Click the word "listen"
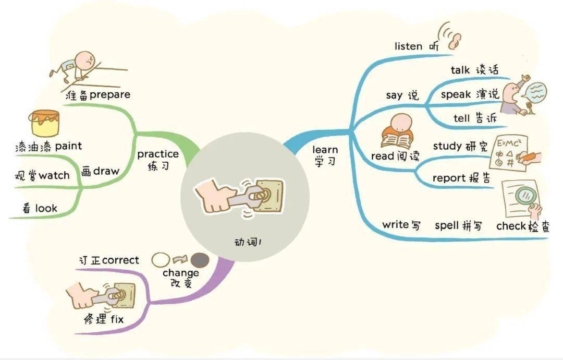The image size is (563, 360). (x=408, y=46)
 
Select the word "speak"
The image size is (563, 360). (x=456, y=94)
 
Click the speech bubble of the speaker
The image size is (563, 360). (x=534, y=92)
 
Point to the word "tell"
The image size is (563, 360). (x=461, y=118)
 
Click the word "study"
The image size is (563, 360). (x=447, y=146)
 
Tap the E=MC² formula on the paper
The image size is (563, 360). (x=509, y=143)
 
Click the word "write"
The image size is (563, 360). (x=395, y=224)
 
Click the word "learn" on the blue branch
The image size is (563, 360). (x=325, y=149)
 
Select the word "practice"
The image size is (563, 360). (x=158, y=154)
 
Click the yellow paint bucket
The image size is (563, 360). (x=44, y=123)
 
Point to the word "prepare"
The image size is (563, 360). (x=110, y=95)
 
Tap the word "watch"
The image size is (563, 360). (x=54, y=175)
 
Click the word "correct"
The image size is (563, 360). (x=120, y=260)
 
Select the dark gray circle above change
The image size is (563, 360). (x=200, y=260)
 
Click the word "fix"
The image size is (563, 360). (x=117, y=319)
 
